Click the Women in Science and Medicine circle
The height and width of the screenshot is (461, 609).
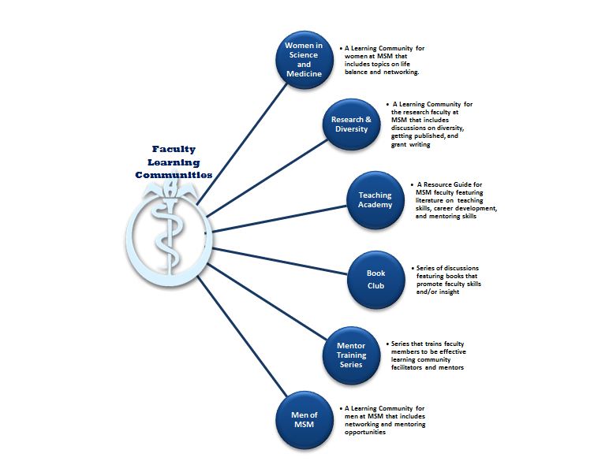[304, 60]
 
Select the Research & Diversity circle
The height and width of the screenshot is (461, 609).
[352, 125]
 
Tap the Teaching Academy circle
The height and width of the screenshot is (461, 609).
[375, 200]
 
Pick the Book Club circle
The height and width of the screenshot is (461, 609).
[376, 280]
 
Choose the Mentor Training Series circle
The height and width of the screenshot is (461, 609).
[351, 355]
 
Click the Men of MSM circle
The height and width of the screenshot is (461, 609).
[304, 420]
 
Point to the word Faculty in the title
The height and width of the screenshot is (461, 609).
[174, 150]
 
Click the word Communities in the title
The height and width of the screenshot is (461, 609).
[174, 175]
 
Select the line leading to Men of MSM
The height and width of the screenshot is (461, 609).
[243, 336]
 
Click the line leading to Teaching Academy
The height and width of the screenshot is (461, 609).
[279, 219]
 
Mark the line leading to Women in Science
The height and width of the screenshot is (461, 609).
[242, 144]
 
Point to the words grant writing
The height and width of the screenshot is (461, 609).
[410, 144]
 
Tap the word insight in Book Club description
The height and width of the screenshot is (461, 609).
[449, 292]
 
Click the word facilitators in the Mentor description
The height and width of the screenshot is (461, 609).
[406, 367]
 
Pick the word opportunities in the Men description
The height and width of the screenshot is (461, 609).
[365, 433]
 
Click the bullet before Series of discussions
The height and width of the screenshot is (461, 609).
[413, 268]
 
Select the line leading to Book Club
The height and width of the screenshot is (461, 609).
[279, 261]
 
